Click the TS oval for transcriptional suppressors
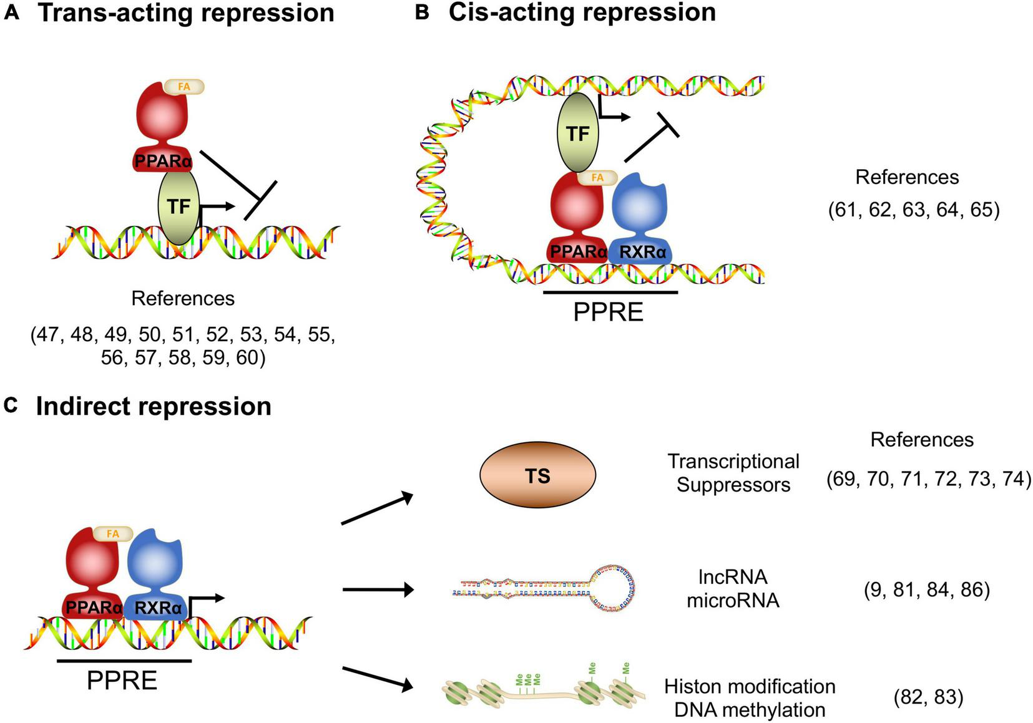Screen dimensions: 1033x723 537,475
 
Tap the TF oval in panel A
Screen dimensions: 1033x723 179,206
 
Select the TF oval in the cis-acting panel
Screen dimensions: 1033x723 578,133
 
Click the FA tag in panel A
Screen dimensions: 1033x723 184,87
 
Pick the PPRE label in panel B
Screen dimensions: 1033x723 609,312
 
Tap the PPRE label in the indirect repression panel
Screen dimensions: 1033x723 122,680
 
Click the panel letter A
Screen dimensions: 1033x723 11,13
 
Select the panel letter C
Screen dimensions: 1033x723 11,405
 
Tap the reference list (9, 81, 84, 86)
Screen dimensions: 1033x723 927,590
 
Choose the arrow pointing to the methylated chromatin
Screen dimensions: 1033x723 378,679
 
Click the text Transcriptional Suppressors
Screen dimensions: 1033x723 733,473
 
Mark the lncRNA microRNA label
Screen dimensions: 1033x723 733,588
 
